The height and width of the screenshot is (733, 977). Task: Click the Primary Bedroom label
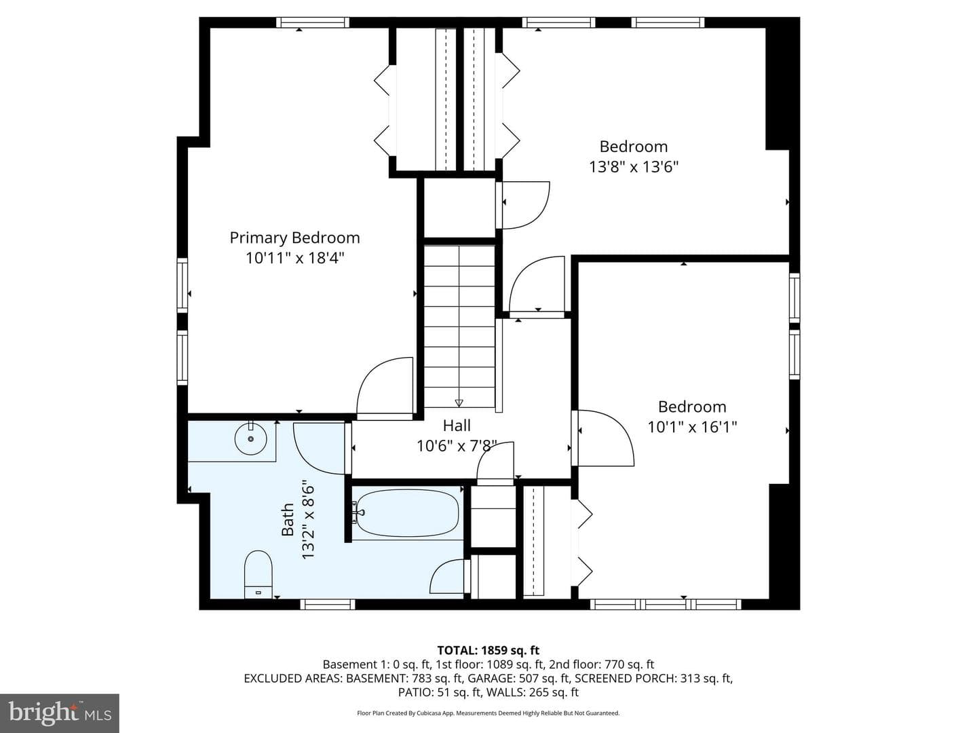294,238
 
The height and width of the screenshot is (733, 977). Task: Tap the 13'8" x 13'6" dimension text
634,168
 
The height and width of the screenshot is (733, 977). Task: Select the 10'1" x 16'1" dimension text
692,428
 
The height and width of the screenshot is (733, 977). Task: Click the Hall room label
457,426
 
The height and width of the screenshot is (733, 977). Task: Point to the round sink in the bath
251,439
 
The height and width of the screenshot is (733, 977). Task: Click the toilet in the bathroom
258,575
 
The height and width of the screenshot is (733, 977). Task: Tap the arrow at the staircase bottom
459,402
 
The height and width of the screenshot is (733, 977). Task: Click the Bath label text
288,519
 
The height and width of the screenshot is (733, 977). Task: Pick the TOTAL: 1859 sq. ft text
488,651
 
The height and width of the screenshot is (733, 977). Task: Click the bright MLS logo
60,713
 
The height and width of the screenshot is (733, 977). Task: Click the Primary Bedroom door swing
385,388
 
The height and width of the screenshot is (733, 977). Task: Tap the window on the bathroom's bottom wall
328,604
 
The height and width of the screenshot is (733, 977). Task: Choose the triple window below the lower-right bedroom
666,604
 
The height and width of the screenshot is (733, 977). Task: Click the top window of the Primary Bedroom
313,22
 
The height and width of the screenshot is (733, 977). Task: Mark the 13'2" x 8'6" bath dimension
308,519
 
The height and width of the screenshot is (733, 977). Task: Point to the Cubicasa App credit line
488,713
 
